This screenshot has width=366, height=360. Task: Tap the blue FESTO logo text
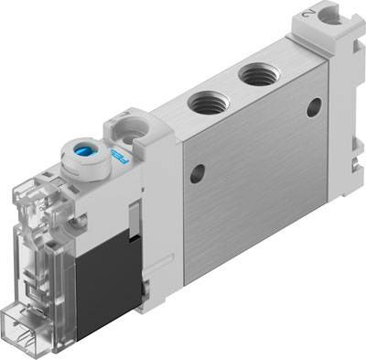pos(118,158)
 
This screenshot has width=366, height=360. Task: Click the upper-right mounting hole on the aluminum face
pos(315,107)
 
